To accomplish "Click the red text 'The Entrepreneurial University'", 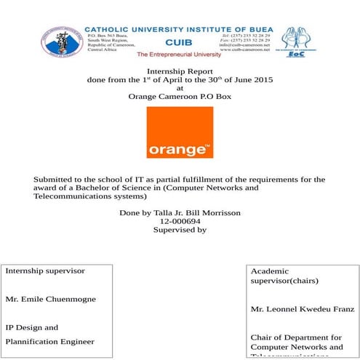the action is (x=178, y=55).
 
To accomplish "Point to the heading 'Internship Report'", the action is (x=179, y=71).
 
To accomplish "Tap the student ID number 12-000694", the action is (x=180, y=221).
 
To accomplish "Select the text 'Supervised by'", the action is (x=180, y=230).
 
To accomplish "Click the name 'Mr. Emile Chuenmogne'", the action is (x=50, y=299).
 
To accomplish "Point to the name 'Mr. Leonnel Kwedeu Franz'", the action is (x=302, y=309).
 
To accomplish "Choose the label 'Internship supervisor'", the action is (x=45, y=271).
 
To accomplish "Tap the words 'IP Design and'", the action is (x=32, y=327).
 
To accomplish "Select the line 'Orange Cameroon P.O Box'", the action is (x=180, y=96).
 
